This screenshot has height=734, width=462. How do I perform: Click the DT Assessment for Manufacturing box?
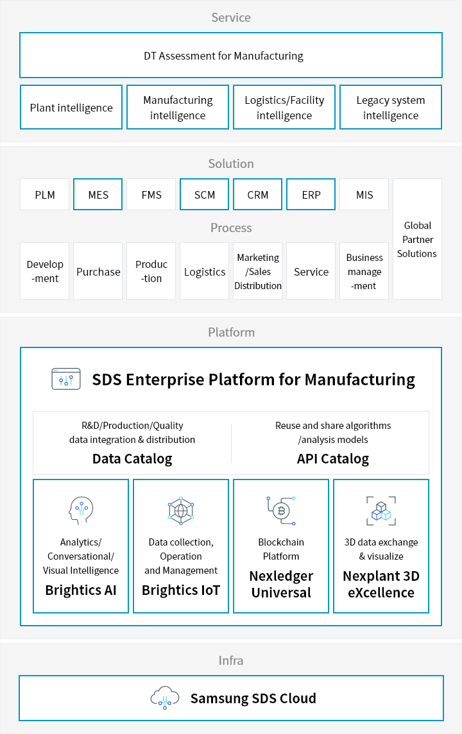click(231, 55)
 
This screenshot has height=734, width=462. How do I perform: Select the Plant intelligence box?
click(71, 107)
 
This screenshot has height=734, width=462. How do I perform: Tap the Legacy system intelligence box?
click(391, 107)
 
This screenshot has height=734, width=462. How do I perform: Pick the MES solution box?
click(98, 194)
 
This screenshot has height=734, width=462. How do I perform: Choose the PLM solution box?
click(44, 194)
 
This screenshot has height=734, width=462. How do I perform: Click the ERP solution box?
click(311, 194)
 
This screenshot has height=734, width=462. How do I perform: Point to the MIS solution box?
click(364, 194)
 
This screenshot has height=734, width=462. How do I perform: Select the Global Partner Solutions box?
click(418, 238)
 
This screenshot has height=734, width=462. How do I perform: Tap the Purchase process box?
click(98, 271)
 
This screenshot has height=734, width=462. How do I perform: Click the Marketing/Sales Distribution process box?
click(258, 271)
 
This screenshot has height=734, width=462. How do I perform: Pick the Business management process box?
click(364, 271)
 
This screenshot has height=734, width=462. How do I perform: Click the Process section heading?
click(231, 228)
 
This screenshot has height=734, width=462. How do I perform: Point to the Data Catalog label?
click(132, 459)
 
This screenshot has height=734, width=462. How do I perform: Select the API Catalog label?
click(333, 459)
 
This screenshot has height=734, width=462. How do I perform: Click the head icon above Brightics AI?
click(81, 511)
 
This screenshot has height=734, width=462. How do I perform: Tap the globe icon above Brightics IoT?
click(181, 510)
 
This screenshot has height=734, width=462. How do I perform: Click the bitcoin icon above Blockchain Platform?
click(281, 511)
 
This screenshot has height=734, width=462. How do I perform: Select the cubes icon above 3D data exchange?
click(381, 511)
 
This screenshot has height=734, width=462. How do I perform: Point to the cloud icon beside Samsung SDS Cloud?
click(164, 698)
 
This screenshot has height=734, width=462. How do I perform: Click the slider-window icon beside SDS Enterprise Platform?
click(66, 379)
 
